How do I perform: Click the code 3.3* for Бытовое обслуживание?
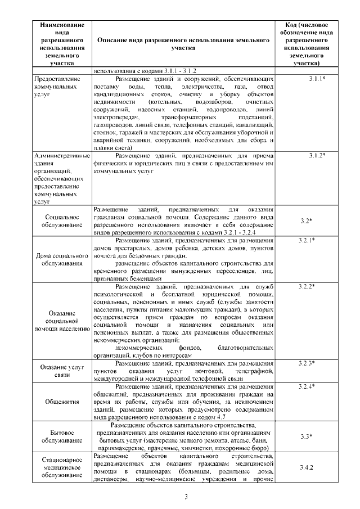click(x=306, y=436)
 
